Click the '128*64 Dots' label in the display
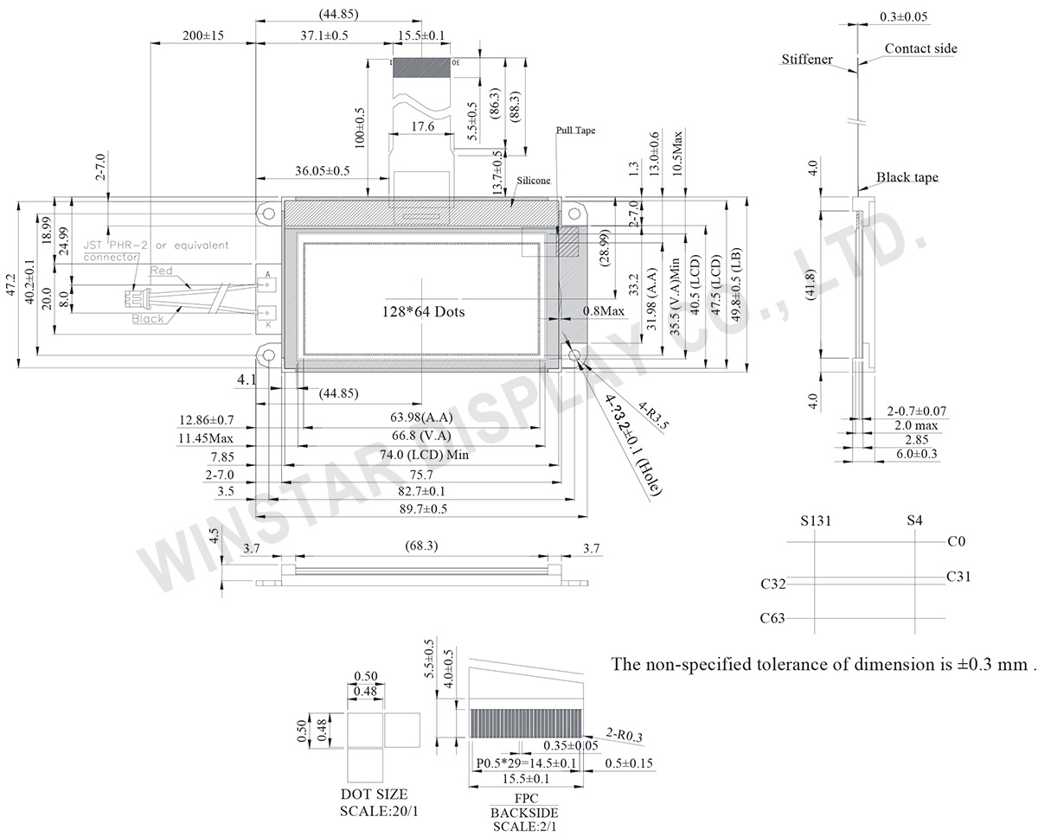pos(423,311)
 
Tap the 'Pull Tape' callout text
pos(575,131)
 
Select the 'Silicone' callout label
pos(534,181)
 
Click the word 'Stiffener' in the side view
pos(806,60)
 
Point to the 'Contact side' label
pos(920,48)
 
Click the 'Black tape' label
pos(907,177)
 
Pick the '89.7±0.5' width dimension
pos(423,509)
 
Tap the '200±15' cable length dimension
pos(203,35)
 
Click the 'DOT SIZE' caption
pos(374,795)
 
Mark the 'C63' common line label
pos(772,618)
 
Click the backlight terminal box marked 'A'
pos(266,275)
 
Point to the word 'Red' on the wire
pos(162,271)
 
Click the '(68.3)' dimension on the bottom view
pos(421,546)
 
